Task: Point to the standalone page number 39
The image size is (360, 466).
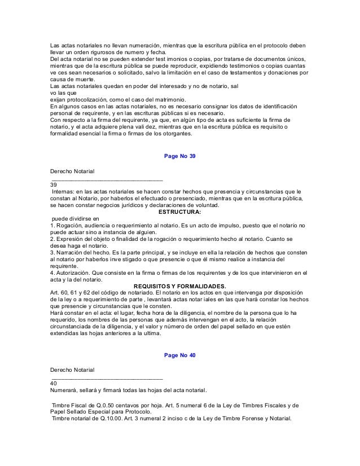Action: pos(54,184)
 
